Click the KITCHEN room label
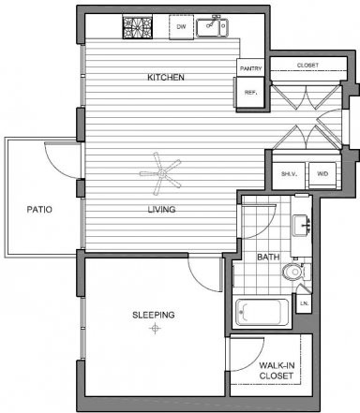coord(166,77)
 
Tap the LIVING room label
coord(161,209)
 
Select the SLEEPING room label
coord(154,315)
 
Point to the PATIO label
coord(39,209)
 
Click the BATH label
coord(268,257)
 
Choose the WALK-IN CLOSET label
coord(277,370)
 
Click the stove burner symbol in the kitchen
coord(138,27)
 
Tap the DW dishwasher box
coord(181,27)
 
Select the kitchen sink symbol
coord(212,27)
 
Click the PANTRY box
coord(250,68)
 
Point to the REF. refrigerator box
coord(250,93)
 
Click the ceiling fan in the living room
coord(161,173)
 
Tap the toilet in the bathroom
coord(296,272)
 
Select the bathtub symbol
coord(262,312)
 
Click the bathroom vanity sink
coord(302,226)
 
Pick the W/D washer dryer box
coord(322,174)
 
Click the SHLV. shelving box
coord(289,174)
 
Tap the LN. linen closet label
coord(304,303)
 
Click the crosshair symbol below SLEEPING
coord(155,329)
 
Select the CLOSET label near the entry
coord(307,65)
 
